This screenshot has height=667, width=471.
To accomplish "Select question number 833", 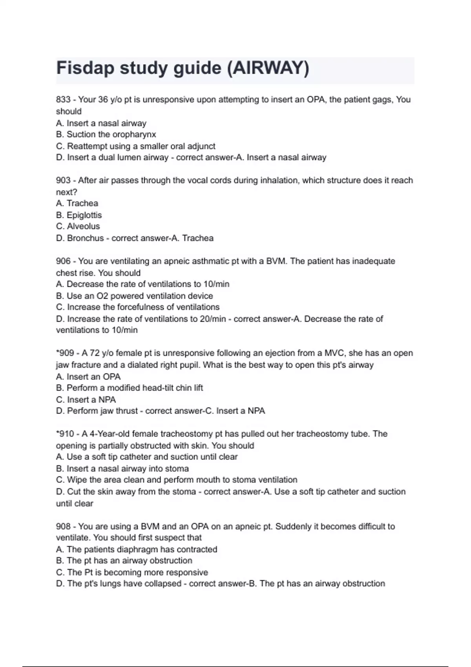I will [x=63, y=100].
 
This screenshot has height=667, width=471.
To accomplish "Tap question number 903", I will [x=63, y=180].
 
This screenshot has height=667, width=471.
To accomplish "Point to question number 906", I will [x=63, y=261].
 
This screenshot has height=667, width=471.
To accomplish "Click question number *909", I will [x=65, y=353].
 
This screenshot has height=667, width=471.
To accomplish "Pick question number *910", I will [x=65, y=434].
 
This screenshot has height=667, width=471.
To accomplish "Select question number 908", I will [x=63, y=527].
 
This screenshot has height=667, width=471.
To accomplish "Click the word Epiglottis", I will [x=84, y=215].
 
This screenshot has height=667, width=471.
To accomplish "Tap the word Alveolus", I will [x=83, y=226].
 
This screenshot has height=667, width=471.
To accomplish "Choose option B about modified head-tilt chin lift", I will [x=130, y=388].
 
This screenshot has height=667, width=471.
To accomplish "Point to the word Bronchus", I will [x=85, y=238].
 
